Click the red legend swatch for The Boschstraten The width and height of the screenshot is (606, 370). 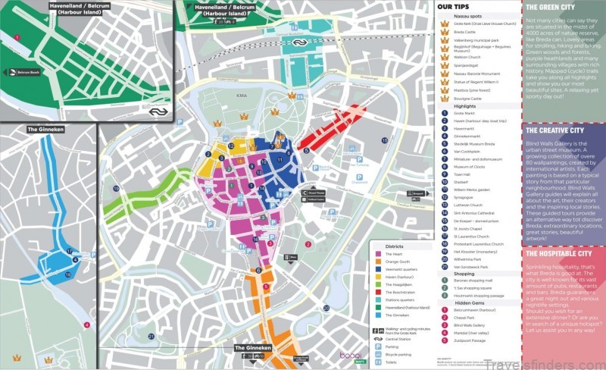[x=378, y=292]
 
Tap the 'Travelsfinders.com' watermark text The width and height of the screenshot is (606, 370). [x=553, y=357]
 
